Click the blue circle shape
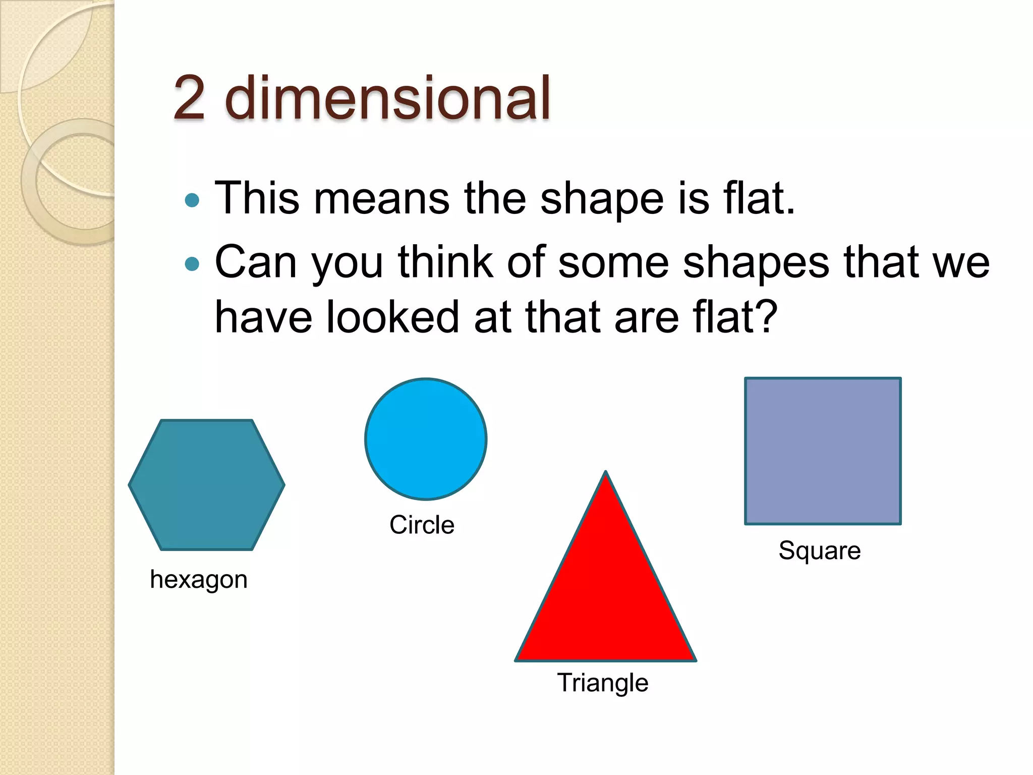point(426,439)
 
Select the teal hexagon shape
point(207,485)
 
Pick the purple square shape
point(823,451)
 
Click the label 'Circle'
point(422,525)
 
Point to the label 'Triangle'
point(602,683)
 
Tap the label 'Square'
point(820,550)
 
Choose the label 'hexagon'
point(199,580)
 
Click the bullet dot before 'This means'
point(192,200)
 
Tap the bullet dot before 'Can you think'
point(192,264)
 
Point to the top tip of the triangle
point(605,473)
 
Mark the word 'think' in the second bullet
point(445,262)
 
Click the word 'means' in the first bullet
point(381,198)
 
